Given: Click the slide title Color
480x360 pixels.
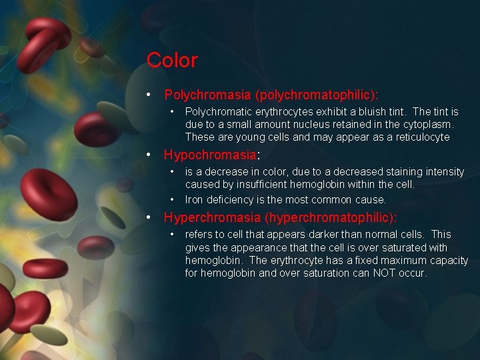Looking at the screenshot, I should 172,60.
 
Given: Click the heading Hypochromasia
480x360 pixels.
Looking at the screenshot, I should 210,155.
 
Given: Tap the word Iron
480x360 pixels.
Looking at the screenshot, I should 194,199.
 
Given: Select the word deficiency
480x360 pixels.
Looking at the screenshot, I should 229,199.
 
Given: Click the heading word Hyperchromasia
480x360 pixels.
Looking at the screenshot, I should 212,217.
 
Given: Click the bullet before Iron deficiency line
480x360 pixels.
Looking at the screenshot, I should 172,199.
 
